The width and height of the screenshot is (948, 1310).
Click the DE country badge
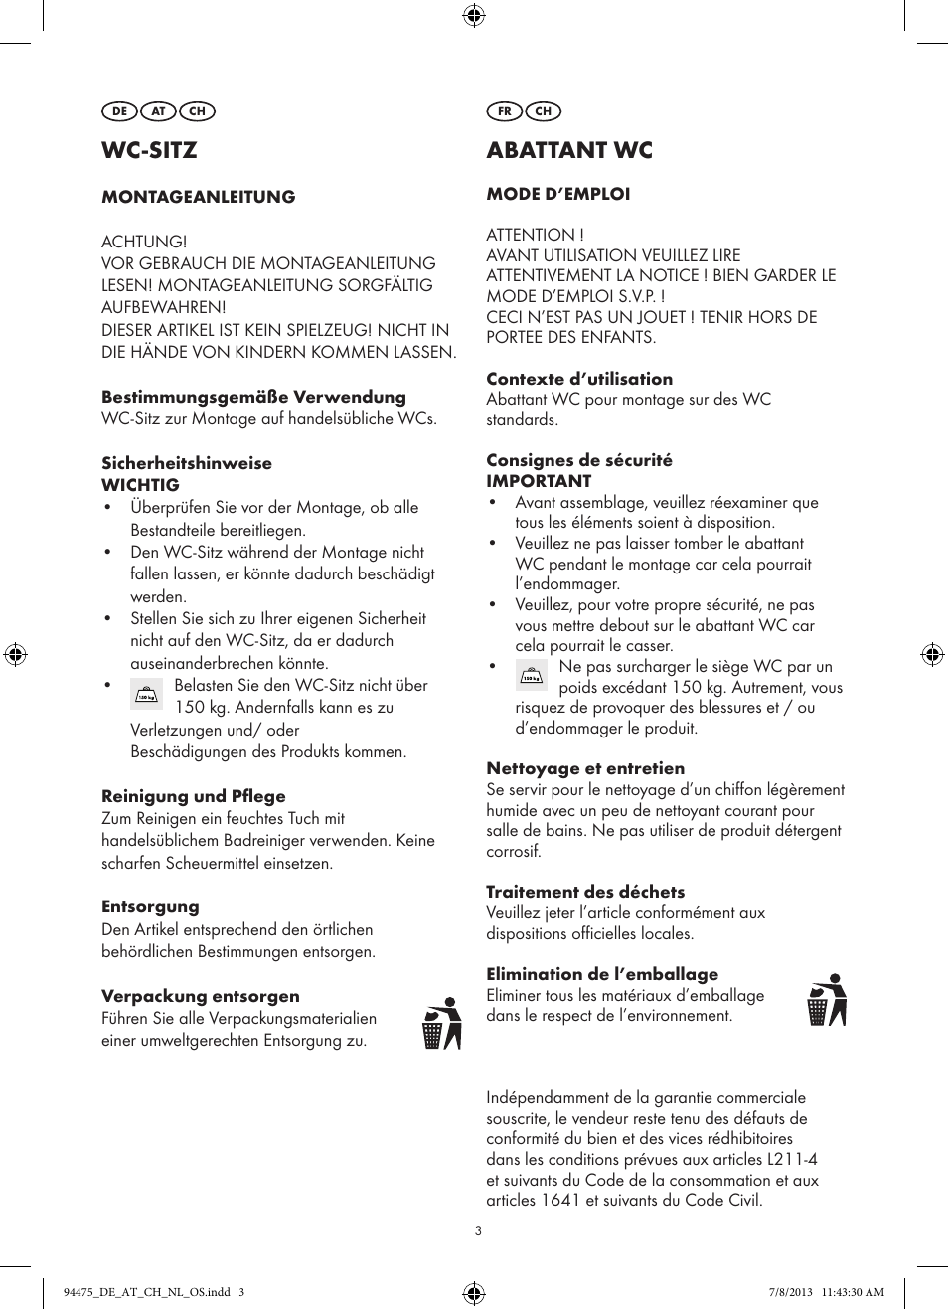119,111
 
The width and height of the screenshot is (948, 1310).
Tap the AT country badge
158,111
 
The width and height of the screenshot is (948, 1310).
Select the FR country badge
504,111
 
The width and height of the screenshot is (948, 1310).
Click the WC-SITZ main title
149,150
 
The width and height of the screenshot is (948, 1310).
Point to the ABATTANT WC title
569,150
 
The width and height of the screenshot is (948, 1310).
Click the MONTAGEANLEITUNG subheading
199,197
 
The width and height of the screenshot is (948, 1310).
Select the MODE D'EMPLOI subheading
558,194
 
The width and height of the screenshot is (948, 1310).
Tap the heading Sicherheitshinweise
187,463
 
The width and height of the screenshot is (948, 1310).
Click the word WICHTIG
141,485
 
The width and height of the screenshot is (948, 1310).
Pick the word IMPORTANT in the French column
539,481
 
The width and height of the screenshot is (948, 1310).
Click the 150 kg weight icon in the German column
146,694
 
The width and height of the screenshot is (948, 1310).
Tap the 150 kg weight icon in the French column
532,675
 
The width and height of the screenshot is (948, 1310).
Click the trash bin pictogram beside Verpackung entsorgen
442,1024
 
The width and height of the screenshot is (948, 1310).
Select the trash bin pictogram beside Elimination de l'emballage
827,1000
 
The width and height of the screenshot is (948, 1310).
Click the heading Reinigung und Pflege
194,796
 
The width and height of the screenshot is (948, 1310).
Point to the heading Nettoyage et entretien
585,768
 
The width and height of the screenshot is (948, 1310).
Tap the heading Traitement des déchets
585,892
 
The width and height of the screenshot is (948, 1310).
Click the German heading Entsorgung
150,906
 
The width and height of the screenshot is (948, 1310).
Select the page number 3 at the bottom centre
478,1230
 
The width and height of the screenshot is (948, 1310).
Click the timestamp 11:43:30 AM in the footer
853,1292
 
